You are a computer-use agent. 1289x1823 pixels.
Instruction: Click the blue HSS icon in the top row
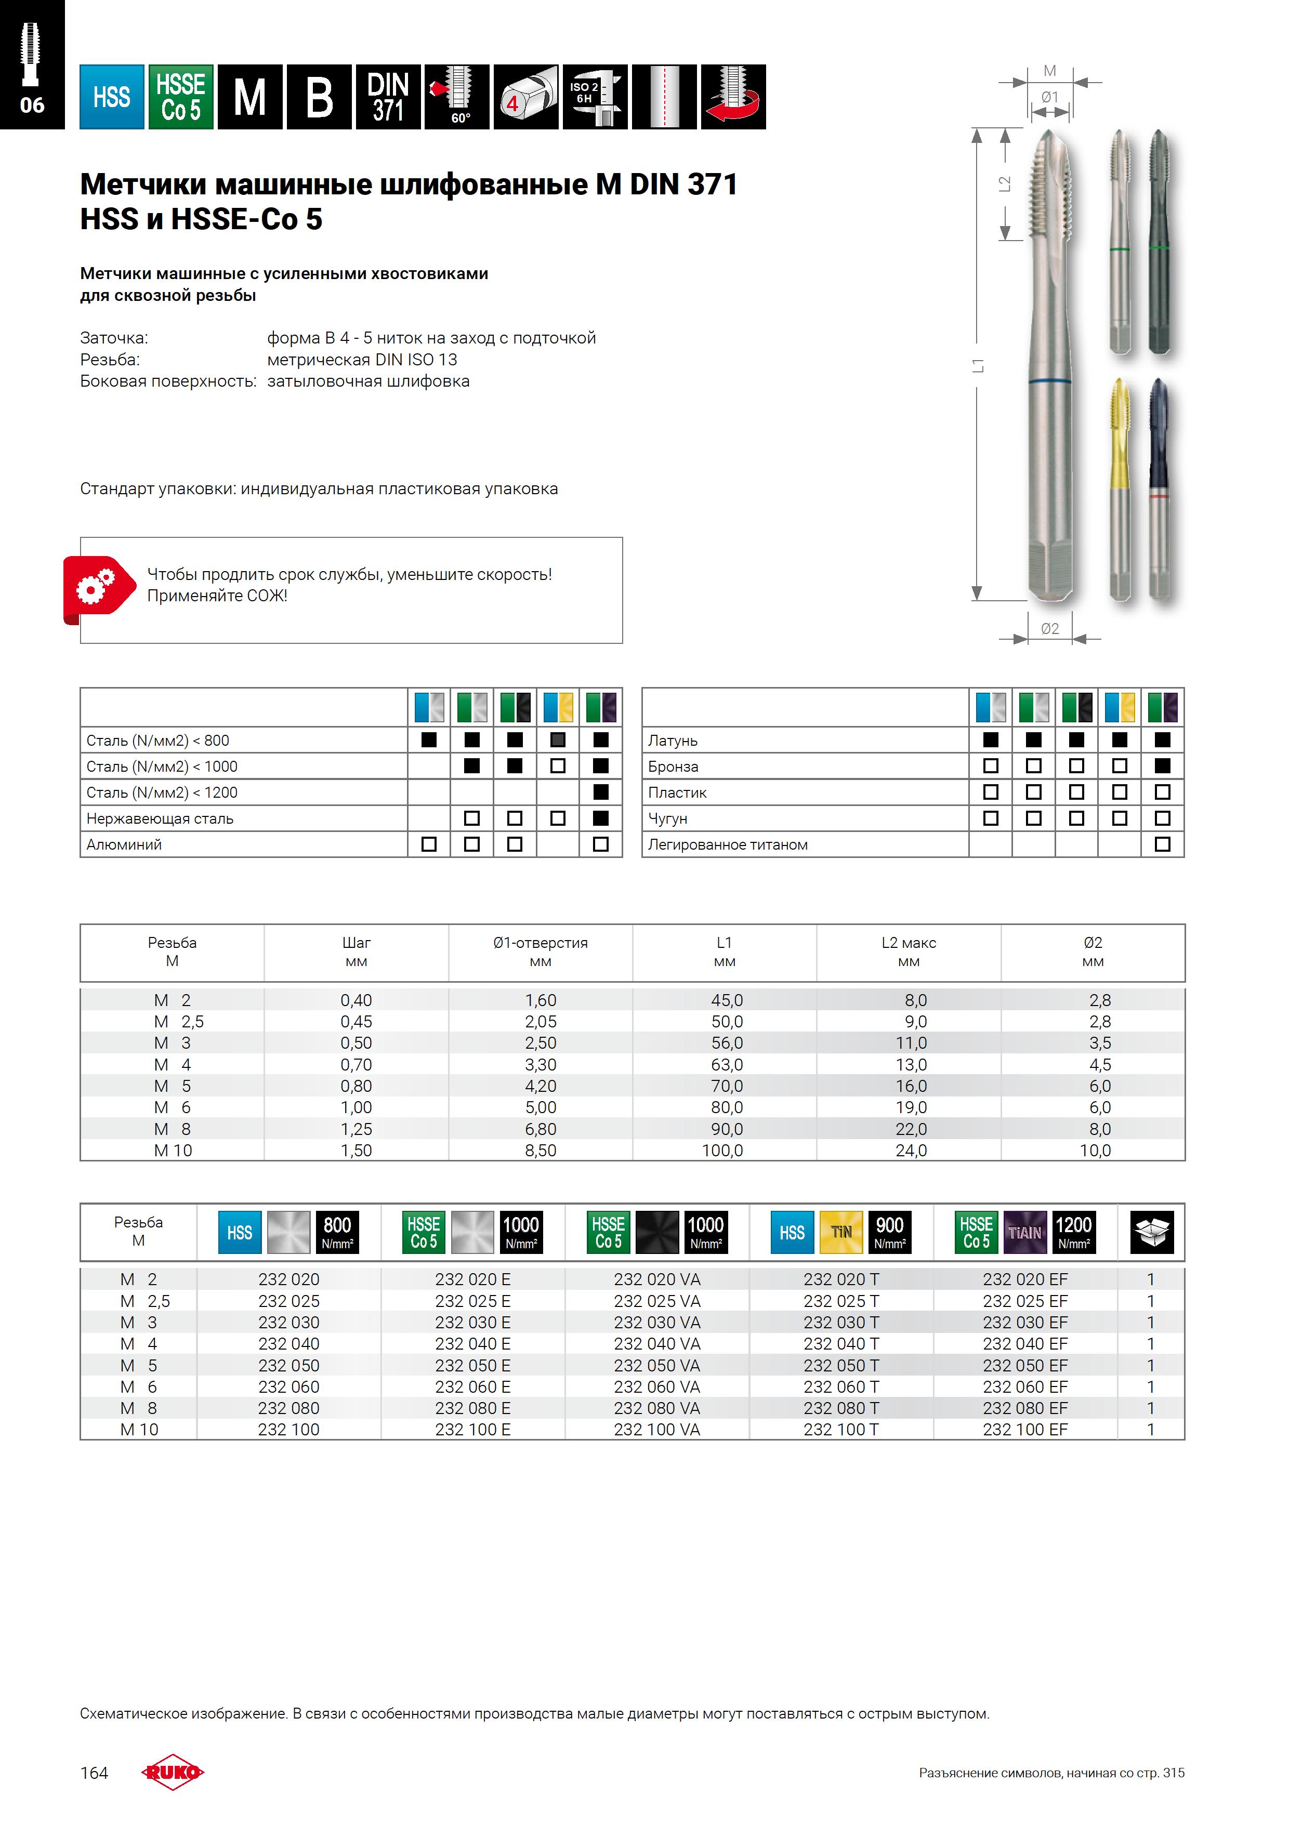[x=111, y=97]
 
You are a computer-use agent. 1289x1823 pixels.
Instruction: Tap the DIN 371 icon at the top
[x=388, y=97]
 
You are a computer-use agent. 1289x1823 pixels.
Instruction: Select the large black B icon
[x=319, y=97]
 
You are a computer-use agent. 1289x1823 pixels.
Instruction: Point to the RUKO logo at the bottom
[x=173, y=1772]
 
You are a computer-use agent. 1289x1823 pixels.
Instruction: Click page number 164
[x=94, y=1772]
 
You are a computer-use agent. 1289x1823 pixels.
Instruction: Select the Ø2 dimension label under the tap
[x=1049, y=628]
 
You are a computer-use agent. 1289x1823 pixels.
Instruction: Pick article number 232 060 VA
[x=657, y=1386]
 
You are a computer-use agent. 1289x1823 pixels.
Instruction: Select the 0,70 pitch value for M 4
[x=356, y=1065]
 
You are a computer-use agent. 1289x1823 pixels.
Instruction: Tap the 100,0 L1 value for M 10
[x=723, y=1151]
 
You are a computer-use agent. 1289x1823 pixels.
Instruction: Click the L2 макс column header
[x=909, y=951]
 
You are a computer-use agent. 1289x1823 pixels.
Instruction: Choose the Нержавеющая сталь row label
[x=160, y=818]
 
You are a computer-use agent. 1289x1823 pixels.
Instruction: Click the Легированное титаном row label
[x=728, y=845]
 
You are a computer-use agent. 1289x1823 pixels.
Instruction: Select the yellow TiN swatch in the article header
[x=841, y=1232]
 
